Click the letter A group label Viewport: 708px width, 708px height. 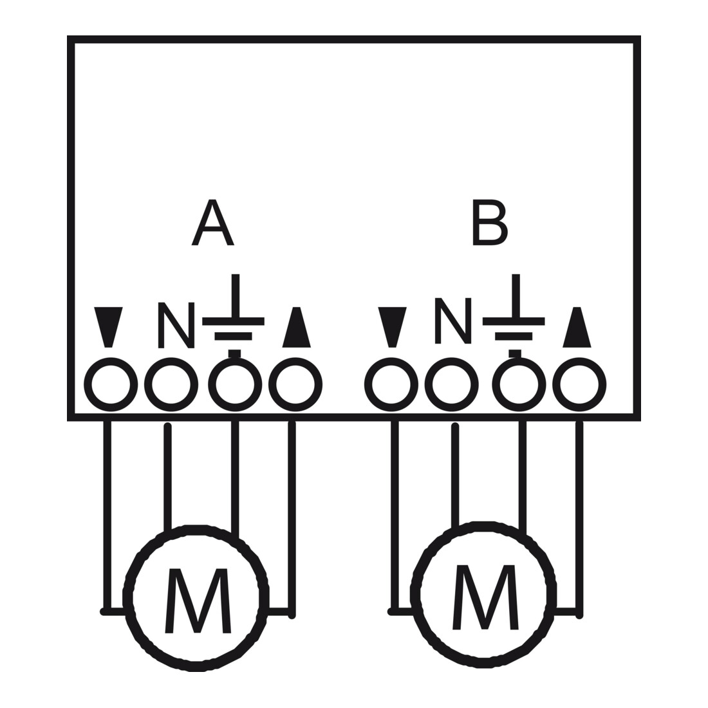(x=212, y=223)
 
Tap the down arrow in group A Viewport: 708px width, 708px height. (x=108, y=327)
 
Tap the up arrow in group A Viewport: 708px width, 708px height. (x=296, y=327)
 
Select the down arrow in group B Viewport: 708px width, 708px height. (x=392, y=327)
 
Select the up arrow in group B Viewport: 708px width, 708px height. (x=577, y=327)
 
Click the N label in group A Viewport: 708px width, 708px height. (x=176, y=325)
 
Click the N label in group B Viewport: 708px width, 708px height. (x=453, y=321)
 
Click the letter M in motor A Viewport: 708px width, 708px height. (x=198, y=601)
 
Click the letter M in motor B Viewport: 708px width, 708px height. (x=485, y=597)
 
